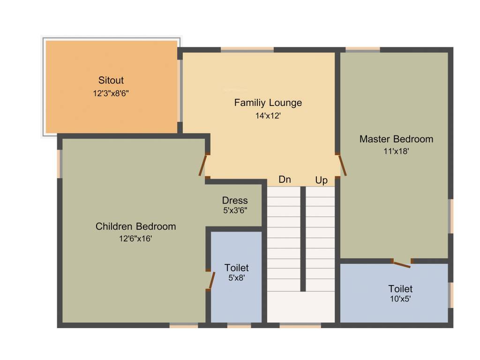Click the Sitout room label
[111, 80]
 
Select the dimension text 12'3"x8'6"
[111, 93]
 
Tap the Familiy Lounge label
[268, 103]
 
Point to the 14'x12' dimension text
[268, 115]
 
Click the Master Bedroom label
[396, 139]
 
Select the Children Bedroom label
[136, 226]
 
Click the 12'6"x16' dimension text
[135, 239]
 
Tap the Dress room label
[235, 201]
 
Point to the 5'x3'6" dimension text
[235, 211]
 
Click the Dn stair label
[285, 180]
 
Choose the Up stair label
[322, 180]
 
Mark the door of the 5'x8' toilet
[211, 280]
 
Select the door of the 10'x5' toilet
[401, 264]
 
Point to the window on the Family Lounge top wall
[247, 49]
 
